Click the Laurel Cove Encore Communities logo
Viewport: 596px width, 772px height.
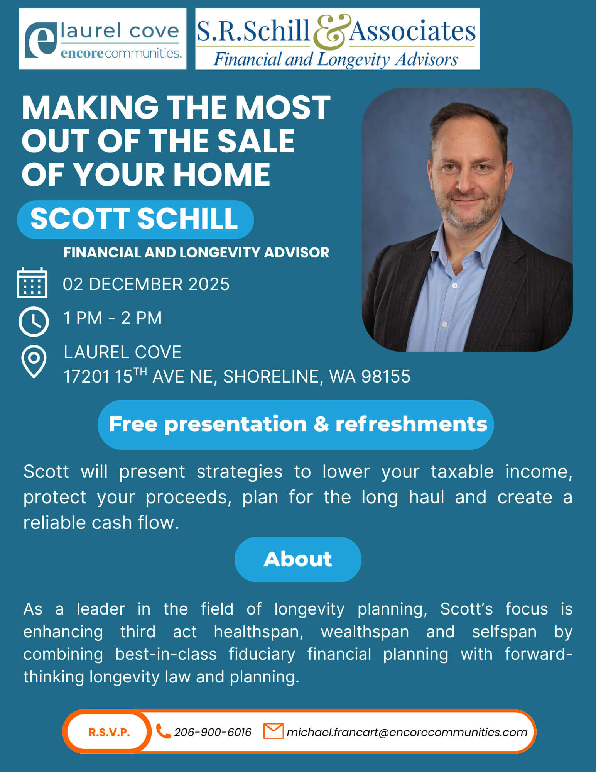coord(102,39)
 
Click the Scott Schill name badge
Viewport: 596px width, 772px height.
coord(135,219)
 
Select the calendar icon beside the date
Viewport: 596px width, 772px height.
coord(32,283)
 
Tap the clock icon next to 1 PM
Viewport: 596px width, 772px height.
coord(34,321)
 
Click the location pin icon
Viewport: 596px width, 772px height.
coord(34,361)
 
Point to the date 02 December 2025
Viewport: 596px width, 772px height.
coord(146,284)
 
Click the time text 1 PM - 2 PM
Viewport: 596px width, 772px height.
coord(113,318)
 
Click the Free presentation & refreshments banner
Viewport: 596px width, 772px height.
coord(295,425)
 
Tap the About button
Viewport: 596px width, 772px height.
coord(298,559)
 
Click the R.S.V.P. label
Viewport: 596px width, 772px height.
coord(110,732)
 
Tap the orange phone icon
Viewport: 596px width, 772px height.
coord(163,731)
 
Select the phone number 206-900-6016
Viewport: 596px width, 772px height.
coord(213,732)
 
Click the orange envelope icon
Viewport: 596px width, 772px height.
coord(273,731)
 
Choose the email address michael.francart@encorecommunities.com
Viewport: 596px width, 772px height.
coord(407,732)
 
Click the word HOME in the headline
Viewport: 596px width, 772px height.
coord(222,174)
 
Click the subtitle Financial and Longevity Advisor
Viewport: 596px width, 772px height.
coord(196,252)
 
